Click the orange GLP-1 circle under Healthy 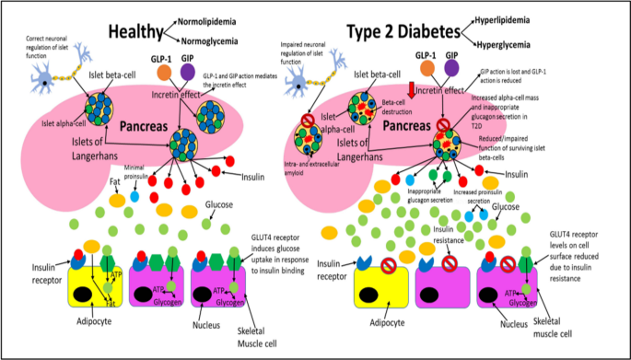click(x=164, y=72)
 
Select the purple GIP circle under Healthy click(x=188, y=72)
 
